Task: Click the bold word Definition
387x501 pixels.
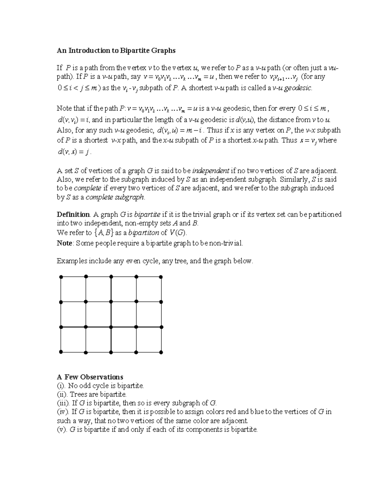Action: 73,215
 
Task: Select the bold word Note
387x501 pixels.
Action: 64,243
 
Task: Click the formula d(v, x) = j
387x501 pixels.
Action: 73,152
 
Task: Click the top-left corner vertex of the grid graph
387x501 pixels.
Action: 61,277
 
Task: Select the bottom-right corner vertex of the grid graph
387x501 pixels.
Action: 161,352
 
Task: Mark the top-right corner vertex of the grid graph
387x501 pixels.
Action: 161,277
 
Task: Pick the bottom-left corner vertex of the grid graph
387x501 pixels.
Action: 61,352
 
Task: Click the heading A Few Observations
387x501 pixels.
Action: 90,377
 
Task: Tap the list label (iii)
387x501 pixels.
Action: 63,403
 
